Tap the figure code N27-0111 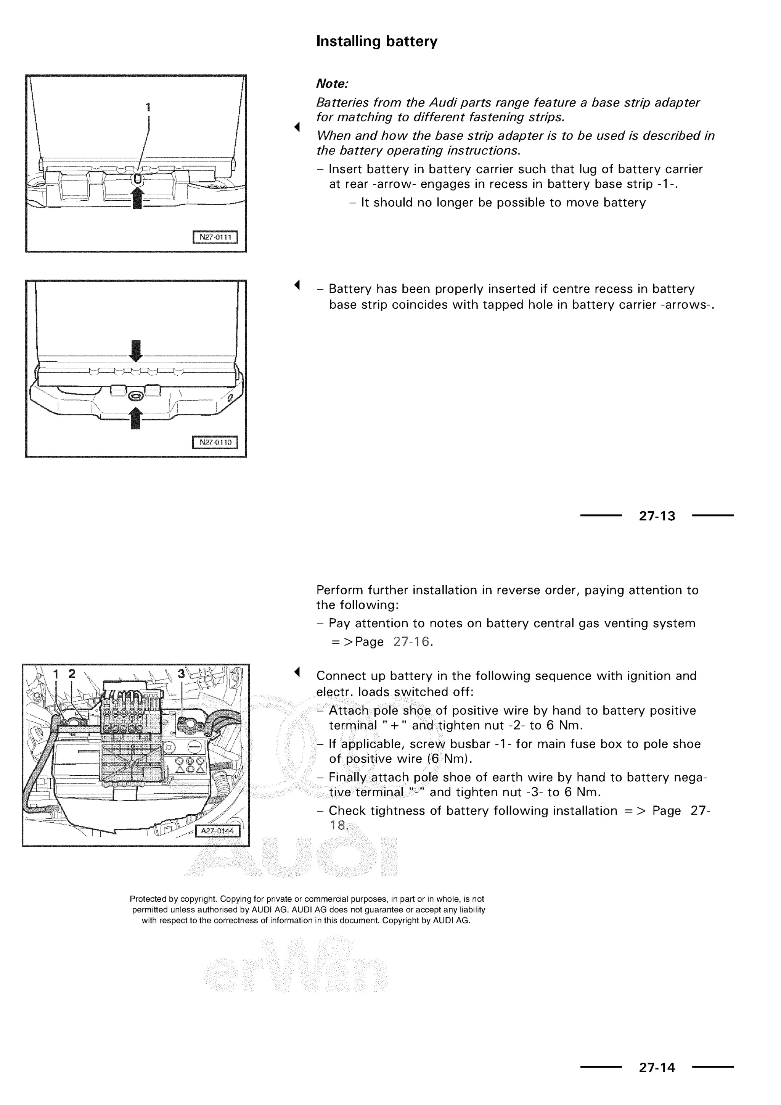pos(215,237)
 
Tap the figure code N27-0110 pos(215,442)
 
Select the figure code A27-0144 pos(217,831)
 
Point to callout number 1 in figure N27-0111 pos(148,107)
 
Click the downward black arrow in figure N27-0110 pos(136,350)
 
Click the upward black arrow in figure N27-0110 pos(136,418)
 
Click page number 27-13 pos(657,516)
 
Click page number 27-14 pos(657,1068)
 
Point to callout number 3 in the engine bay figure pos(181,674)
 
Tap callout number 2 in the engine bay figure pos(72,674)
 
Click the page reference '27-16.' pos(413,642)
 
